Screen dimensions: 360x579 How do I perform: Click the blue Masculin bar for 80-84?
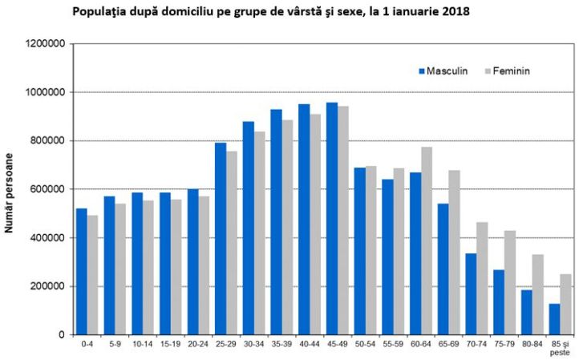point(526,312)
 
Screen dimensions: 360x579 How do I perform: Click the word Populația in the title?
point(99,12)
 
